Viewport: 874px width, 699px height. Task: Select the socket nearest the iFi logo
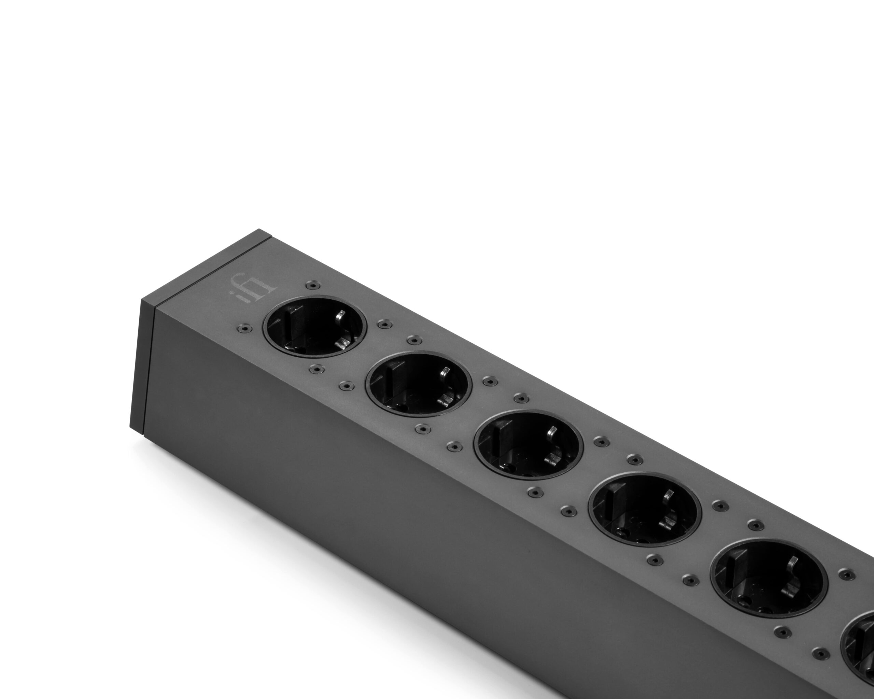tap(315, 327)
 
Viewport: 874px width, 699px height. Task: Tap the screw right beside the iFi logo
tap(312, 286)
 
